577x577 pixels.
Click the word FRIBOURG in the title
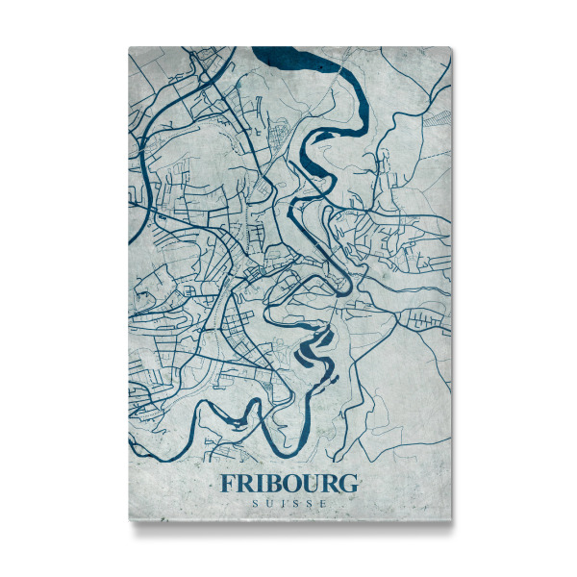288,483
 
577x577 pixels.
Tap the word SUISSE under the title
288,503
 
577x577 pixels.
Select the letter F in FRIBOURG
227,483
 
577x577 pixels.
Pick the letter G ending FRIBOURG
349,483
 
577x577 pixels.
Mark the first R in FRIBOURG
244,483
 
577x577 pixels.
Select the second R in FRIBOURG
331,483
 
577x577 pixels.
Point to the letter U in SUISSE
267,503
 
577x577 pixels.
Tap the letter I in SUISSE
282,503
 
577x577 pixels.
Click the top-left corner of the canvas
129,47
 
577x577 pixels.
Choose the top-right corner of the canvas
451,47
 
